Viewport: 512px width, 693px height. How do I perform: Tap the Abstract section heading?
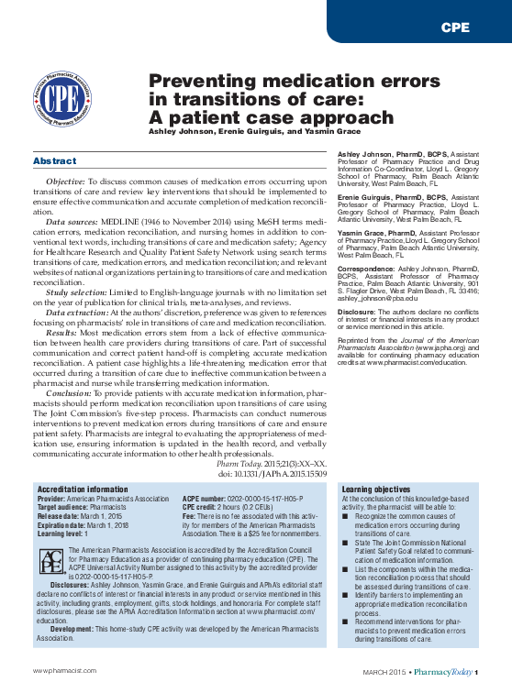(54, 161)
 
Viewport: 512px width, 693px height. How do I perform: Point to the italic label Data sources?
(72, 223)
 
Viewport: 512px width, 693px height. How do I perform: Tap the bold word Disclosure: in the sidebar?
(358, 311)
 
